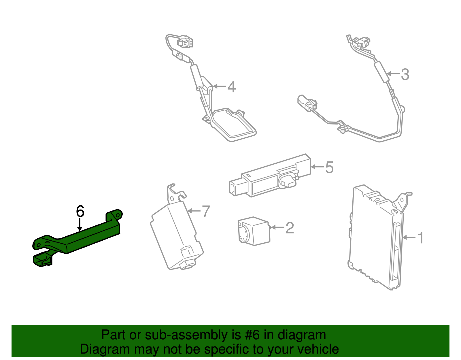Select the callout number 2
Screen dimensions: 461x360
point(290,228)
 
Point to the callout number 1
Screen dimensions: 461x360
point(420,238)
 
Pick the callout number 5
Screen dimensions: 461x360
point(329,167)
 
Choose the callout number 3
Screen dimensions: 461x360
point(405,74)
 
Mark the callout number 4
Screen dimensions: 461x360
point(231,87)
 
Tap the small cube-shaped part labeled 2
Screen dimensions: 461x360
point(254,231)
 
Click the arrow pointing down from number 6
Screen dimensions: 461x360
point(80,225)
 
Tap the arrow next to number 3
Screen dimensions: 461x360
point(393,74)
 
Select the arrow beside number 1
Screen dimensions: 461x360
point(409,238)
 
